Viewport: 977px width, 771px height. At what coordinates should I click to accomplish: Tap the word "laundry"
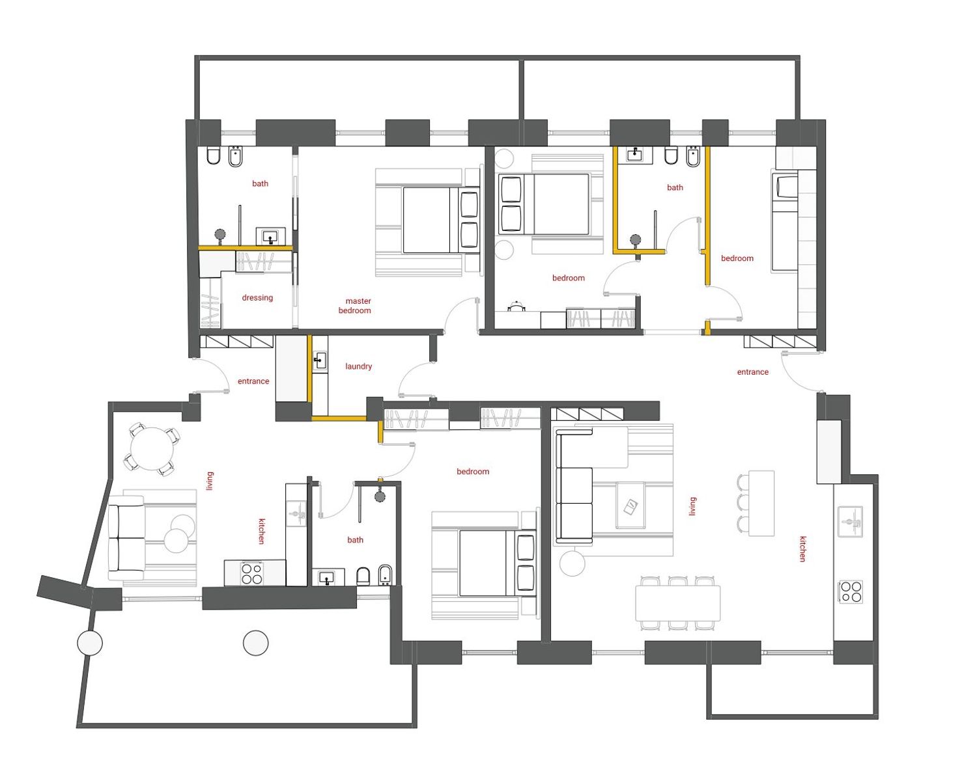click(x=358, y=366)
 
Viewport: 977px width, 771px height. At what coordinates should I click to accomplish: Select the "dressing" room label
click(x=257, y=297)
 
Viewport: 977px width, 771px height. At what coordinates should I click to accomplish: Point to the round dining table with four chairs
click(x=152, y=449)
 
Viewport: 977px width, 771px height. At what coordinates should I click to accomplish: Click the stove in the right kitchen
click(x=851, y=591)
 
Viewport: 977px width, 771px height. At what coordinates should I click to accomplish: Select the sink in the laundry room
click(x=320, y=361)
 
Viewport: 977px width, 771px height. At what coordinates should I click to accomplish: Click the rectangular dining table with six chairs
click(x=677, y=602)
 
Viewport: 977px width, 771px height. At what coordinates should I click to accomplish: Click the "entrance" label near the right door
click(x=752, y=372)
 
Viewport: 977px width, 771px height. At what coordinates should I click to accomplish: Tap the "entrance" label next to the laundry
click(x=253, y=381)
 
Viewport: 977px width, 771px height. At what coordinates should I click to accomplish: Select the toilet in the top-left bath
click(x=214, y=156)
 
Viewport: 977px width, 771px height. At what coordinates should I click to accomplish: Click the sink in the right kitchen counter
click(x=850, y=521)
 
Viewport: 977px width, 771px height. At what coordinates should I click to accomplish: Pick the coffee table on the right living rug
click(x=630, y=506)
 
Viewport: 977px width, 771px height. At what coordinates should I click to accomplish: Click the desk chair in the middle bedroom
click(x=517, y=306)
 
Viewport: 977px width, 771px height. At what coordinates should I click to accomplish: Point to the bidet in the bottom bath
click(x=384, y=575)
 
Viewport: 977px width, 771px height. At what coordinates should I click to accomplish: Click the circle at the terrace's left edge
click(x=90, y=643)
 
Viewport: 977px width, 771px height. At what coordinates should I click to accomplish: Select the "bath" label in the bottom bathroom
click(x=355, y=540)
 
